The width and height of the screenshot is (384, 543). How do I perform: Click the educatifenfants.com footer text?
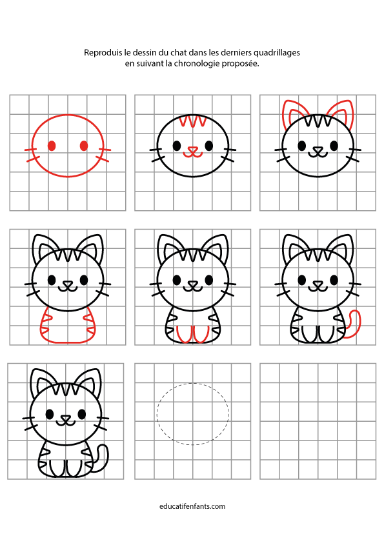tap(192, 506)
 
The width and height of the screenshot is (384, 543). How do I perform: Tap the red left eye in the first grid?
tap(52, 146)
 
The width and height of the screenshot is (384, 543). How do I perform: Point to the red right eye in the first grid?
tap(84, 146)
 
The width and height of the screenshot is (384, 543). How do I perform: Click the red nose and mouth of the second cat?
tap(193, 152)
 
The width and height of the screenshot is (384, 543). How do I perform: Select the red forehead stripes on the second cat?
tap(193, 121)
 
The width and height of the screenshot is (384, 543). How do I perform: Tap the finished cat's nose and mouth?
tap(65, 420)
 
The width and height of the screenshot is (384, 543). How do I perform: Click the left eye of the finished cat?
tap(50, 414)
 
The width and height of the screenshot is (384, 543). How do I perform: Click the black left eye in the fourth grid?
tap(52, 279)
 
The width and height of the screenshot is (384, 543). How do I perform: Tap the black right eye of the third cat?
tap(334, 146)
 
